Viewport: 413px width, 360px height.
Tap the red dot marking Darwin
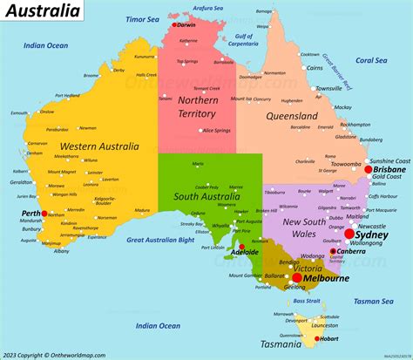coord(173,24)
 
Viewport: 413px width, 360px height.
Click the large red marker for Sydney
coord(349,234)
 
